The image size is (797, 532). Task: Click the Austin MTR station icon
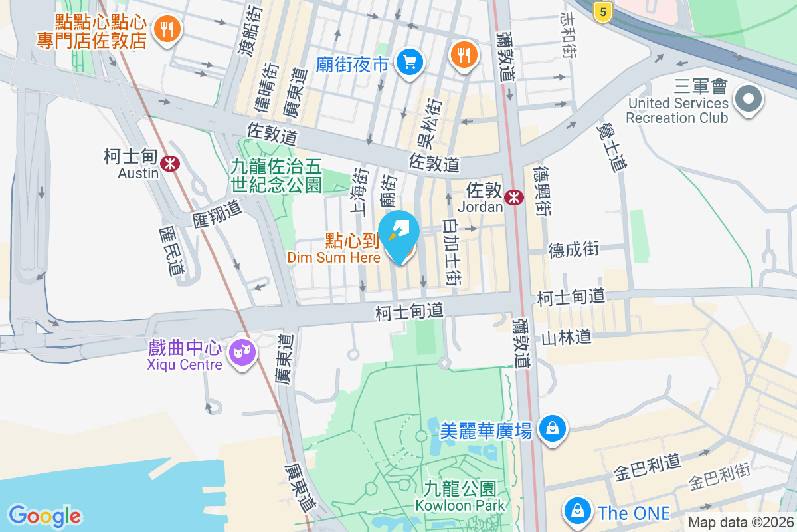pos(171,162)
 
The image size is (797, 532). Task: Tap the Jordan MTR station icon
pos(513,197)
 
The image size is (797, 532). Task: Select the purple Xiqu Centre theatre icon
pos(242,352)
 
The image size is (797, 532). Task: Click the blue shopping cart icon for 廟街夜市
pos(409,63)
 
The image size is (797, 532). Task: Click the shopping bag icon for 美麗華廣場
pos(552,428)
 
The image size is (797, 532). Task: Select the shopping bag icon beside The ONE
pos(577,511)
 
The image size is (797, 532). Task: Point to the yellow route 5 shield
pos(602,11)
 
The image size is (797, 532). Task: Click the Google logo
pos(44,515)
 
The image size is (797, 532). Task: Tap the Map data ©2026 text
pos(740,523)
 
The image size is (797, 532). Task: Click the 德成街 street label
pos(574,250)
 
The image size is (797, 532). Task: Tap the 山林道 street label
pos(566,338)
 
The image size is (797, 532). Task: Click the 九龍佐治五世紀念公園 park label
pos(276,175)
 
